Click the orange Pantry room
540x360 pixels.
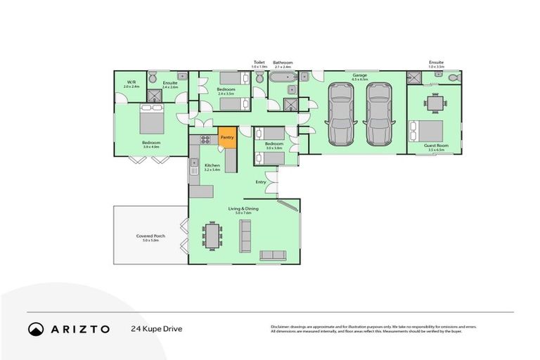click(227, 139)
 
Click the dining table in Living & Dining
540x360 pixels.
click(212, 236)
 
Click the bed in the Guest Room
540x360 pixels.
click(428, 131)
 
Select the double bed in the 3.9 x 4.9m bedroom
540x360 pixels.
click(151, 119)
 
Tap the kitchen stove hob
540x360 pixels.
click(205, 139)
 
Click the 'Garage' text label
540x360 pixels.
click(359, 75)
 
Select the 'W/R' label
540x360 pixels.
click(131, 82)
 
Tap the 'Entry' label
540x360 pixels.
click(261, 182)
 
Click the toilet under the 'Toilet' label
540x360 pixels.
click(259, 79)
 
